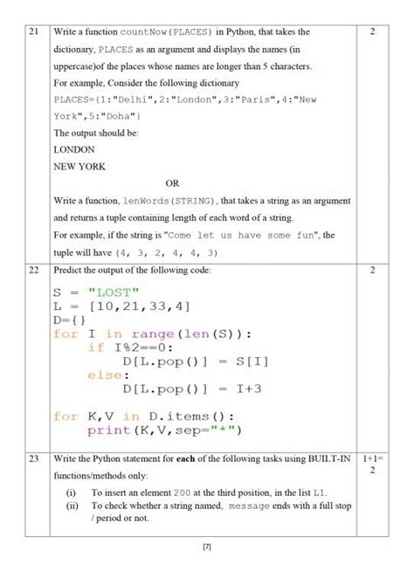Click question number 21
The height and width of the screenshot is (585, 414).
[34, 32]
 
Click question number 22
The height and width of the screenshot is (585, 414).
[34, 271]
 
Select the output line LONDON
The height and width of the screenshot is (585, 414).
[74, 149]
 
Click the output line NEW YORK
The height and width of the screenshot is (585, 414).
[80, 166]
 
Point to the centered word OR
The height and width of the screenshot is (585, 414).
[172, 182]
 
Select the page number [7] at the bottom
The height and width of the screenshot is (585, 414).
[207, 547]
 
